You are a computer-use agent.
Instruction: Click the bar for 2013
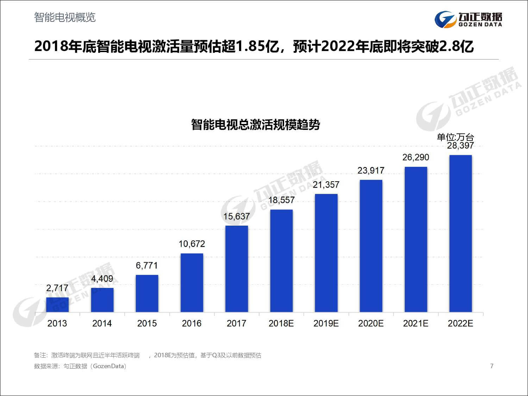[57, 305]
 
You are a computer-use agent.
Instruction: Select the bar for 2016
[192, 283]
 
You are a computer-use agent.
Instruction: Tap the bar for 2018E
[281, 261]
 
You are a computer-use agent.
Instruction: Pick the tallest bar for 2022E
[460, 233]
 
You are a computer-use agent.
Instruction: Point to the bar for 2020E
[371, 246]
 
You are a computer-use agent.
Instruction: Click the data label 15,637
[237, 216]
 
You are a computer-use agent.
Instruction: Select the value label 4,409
[102, 279]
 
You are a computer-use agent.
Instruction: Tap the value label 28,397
[460, 145]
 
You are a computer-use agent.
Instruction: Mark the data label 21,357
[326, 185]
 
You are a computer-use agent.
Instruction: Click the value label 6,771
[147, 265]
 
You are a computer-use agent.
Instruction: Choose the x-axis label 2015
[147, 323]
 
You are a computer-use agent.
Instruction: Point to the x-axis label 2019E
[326, 323]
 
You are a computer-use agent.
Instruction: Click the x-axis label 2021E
[415, 323]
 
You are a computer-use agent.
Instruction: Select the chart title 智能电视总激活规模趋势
[255, 125]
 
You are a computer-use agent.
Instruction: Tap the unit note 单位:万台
[455, 137]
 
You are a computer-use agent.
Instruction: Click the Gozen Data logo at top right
[468, 19]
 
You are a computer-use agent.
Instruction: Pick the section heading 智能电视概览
[65, 17]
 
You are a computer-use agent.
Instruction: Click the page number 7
[492, 366]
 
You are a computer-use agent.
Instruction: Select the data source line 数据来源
[80, 366]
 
